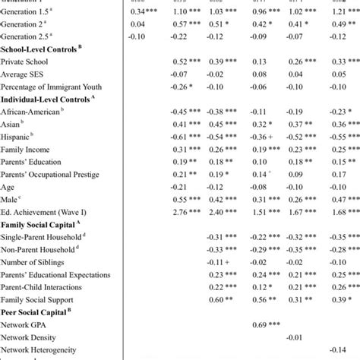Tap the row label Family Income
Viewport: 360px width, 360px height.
point(26,150)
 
